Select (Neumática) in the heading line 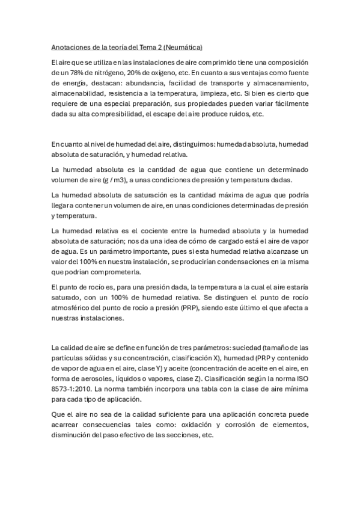[x=183, y=46]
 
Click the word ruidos [x=238, y=114]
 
